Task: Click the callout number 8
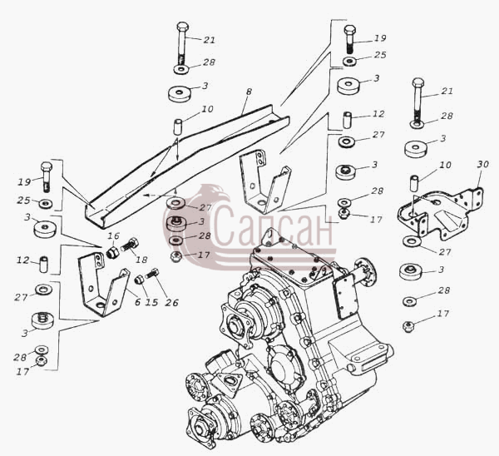[249, 92]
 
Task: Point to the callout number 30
[482, 164]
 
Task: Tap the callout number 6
[137, 302]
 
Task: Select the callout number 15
[152, 302]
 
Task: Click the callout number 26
[171, 303]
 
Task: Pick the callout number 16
[113, 236]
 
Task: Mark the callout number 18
[141, 260]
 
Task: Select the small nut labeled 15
[139, 280]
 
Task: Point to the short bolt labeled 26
[152, 274]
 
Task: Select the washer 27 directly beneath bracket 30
[412, 241]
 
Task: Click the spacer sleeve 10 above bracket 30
[413, 182]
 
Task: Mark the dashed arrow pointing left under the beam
[159, 196]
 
